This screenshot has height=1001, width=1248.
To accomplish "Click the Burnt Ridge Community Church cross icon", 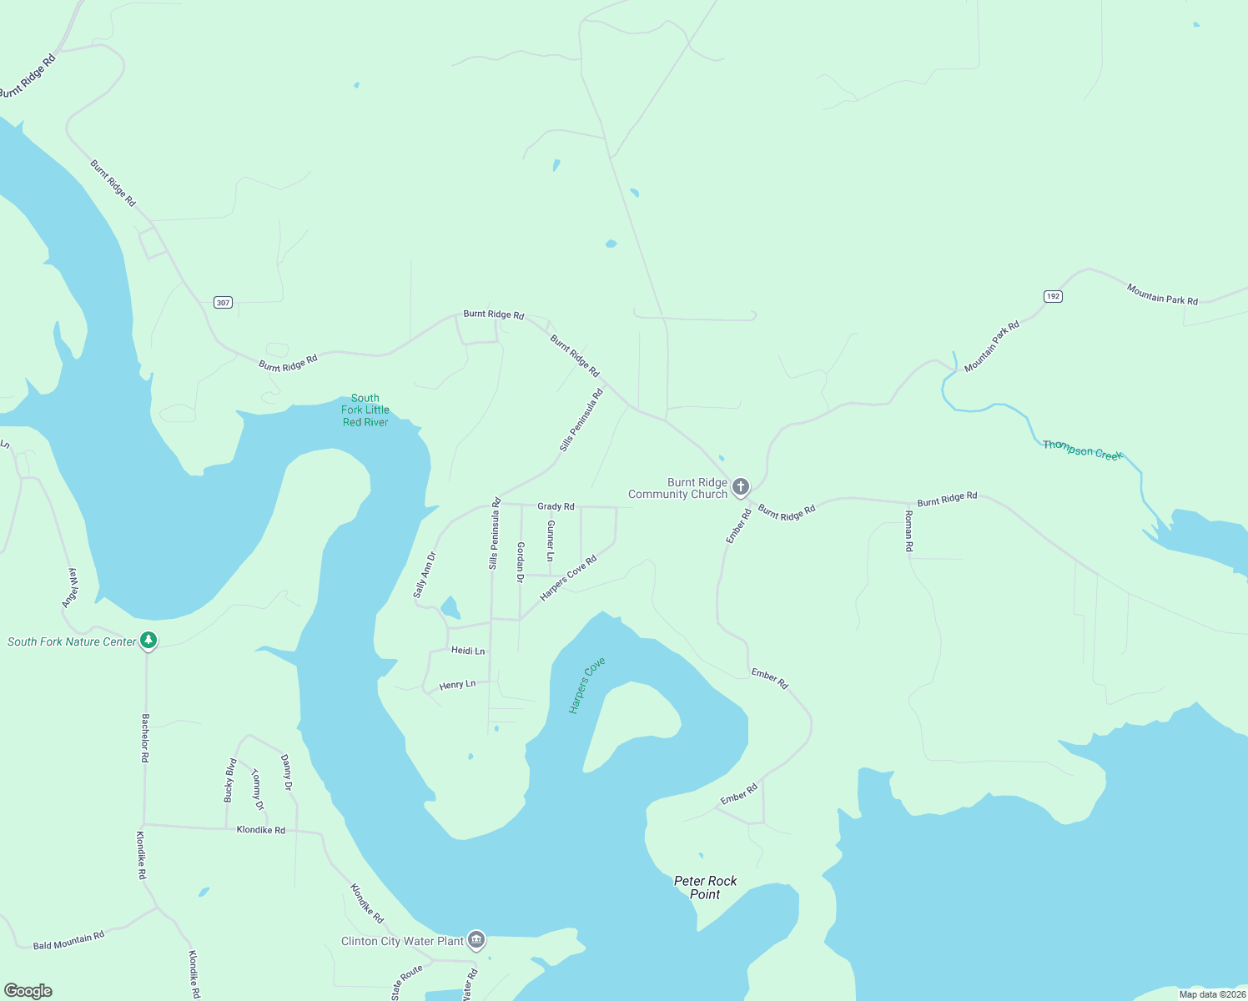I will pos(740,486).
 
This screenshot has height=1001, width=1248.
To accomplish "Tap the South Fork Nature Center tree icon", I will pos(148,641).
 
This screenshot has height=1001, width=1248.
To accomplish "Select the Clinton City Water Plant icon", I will pos(476,940).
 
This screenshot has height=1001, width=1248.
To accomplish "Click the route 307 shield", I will pos(223,302).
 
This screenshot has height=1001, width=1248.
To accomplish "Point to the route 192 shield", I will pos(1053,296).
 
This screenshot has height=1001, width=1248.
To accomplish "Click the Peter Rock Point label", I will pos(705,888).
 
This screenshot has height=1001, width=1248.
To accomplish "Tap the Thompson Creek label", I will pos(1082,450).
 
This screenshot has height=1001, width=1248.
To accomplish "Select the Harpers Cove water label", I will pos(586,686).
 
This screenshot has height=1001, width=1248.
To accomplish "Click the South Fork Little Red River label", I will pos(365,410).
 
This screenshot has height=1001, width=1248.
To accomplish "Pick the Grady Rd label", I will pos(556,506).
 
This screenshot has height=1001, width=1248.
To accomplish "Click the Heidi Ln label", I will pos(467,651).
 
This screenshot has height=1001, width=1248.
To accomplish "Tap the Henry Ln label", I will pos(457,685).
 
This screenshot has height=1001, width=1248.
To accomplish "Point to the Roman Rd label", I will pos(909,531).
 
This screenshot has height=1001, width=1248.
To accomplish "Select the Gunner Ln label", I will pos(550,540).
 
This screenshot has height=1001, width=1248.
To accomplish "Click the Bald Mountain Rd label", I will pos(68,941).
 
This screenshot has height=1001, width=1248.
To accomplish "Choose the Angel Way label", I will pos(71,587).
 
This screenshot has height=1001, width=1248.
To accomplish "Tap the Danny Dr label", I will pos(286,772).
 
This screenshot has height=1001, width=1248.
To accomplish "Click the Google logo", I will pos(28,991).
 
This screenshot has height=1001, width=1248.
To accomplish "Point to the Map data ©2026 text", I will pos(1212,994).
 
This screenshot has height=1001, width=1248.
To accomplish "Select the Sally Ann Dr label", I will pos(425,575).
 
